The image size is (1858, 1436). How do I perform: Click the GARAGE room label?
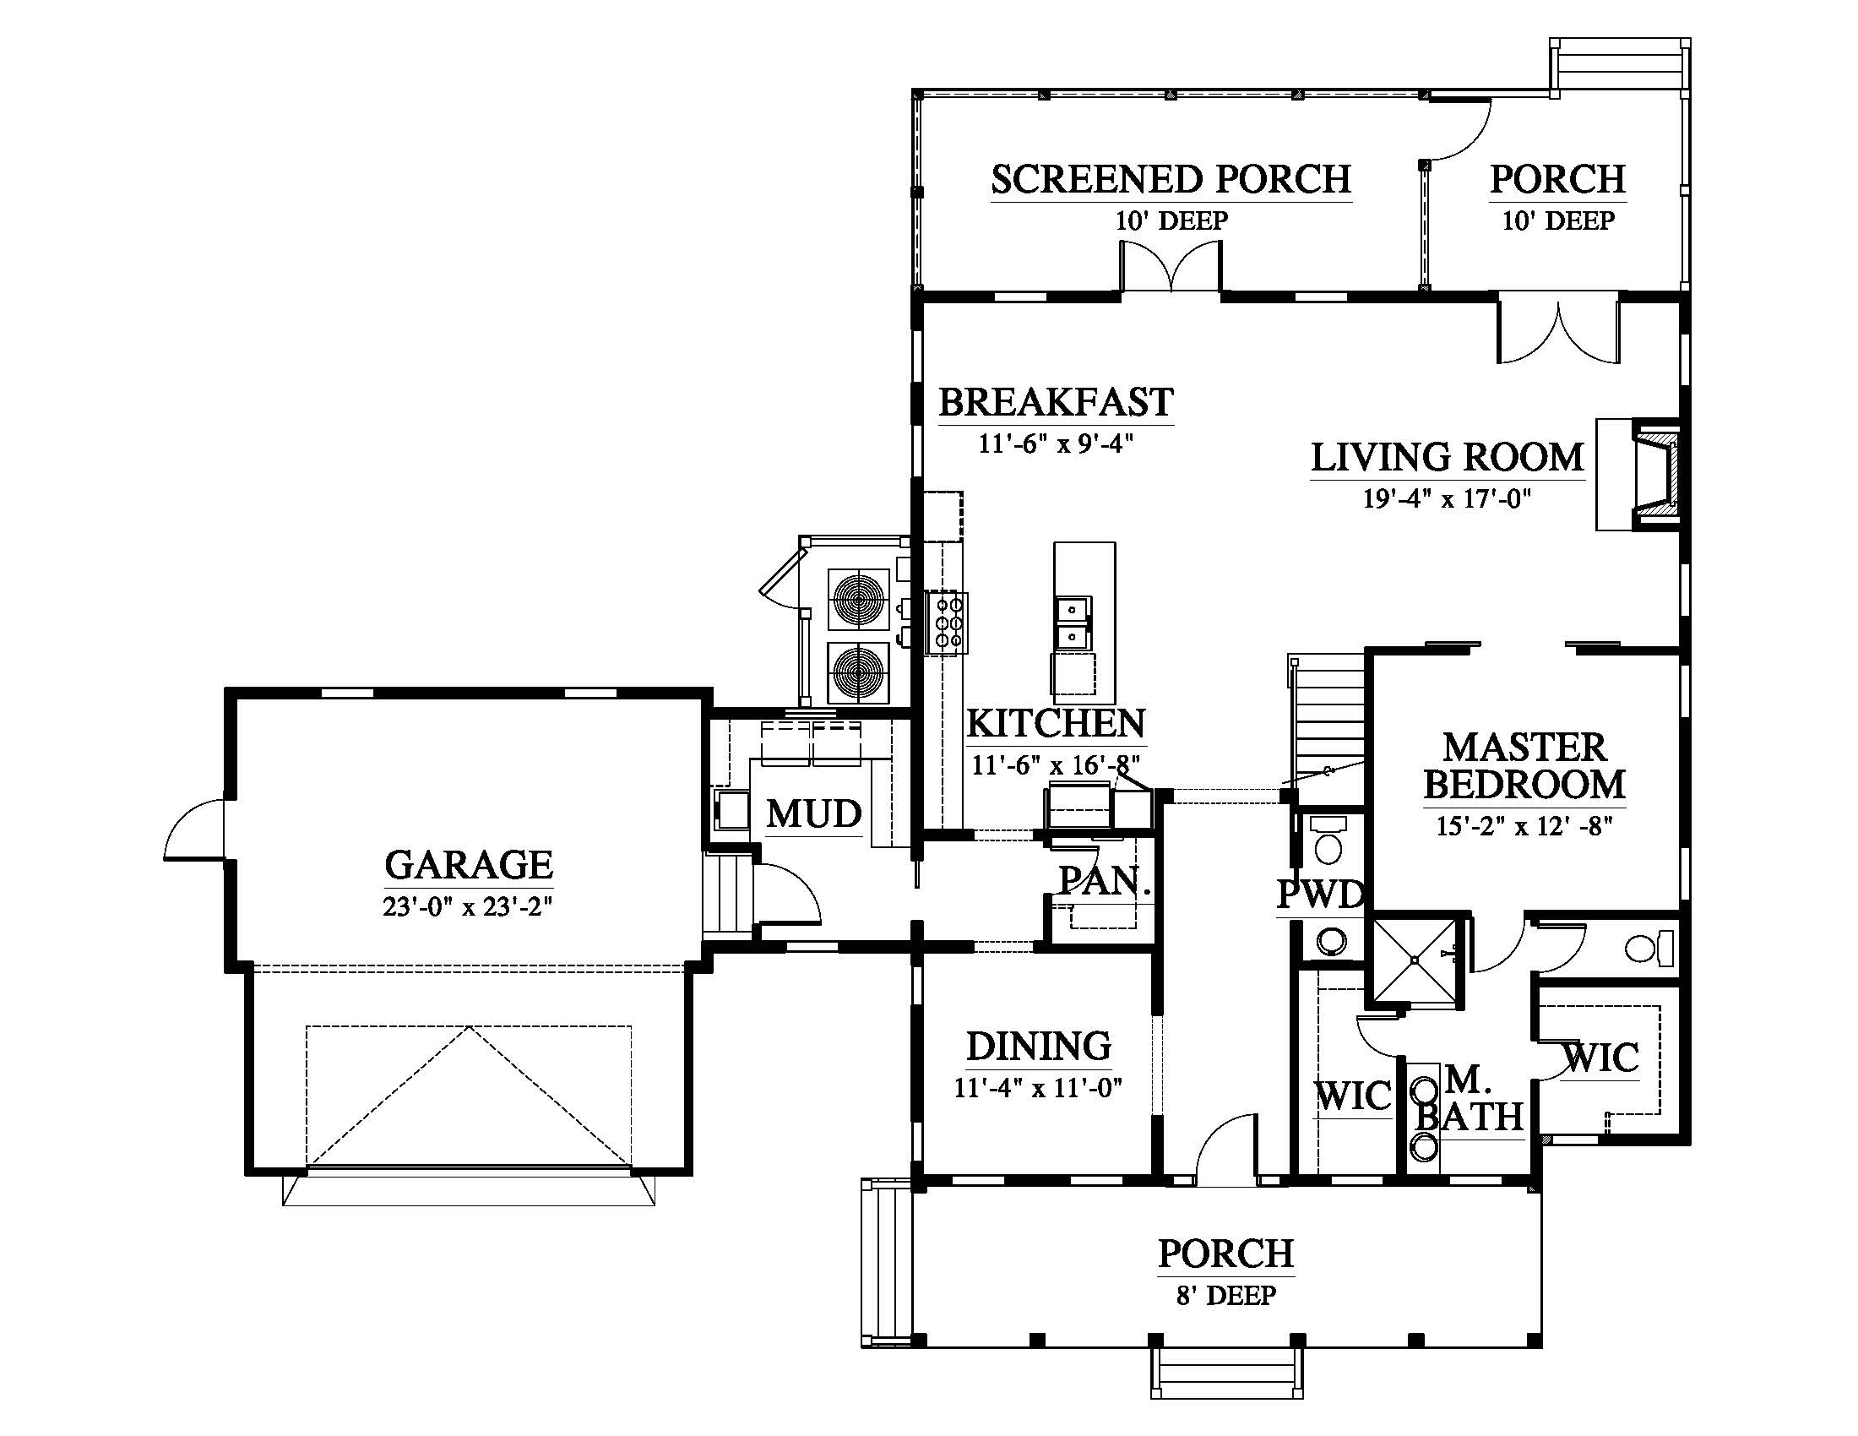point(469,865)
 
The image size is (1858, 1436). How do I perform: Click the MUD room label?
point(814,814)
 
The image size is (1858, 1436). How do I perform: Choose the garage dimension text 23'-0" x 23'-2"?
point(468,907)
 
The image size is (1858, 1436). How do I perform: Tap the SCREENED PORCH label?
point(1171,178)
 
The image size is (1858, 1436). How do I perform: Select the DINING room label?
point(1039,1046)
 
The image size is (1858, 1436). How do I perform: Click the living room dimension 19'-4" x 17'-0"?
point(1447,498)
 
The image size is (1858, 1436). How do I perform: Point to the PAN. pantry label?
point(1104,880)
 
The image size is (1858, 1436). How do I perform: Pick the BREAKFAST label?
point(1056,401)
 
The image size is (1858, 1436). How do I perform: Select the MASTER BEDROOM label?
point(1524,765)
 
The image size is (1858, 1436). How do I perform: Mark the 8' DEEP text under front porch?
point(1226,1295)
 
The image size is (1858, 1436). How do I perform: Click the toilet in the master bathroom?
point(1649,948)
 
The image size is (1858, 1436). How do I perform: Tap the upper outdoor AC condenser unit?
point(858,597)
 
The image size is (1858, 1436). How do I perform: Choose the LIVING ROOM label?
point(1447,457)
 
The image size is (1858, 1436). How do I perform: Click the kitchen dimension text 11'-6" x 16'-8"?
point(1056,764)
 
